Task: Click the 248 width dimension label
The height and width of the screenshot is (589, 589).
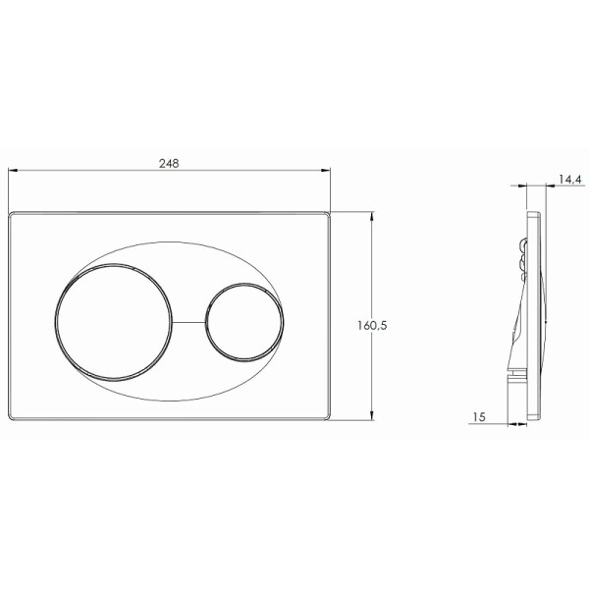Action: point(169,163)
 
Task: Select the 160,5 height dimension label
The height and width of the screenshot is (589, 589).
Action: point(372,325)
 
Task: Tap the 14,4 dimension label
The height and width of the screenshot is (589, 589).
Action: point(569,180)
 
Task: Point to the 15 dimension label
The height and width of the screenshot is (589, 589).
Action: point(479,417)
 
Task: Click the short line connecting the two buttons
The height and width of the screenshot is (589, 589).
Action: point(188,322)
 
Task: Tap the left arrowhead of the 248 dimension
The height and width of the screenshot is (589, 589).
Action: point(13,170)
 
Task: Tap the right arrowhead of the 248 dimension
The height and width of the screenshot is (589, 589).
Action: point(326,170)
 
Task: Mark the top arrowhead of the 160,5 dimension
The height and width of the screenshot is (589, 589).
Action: point(372,217)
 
